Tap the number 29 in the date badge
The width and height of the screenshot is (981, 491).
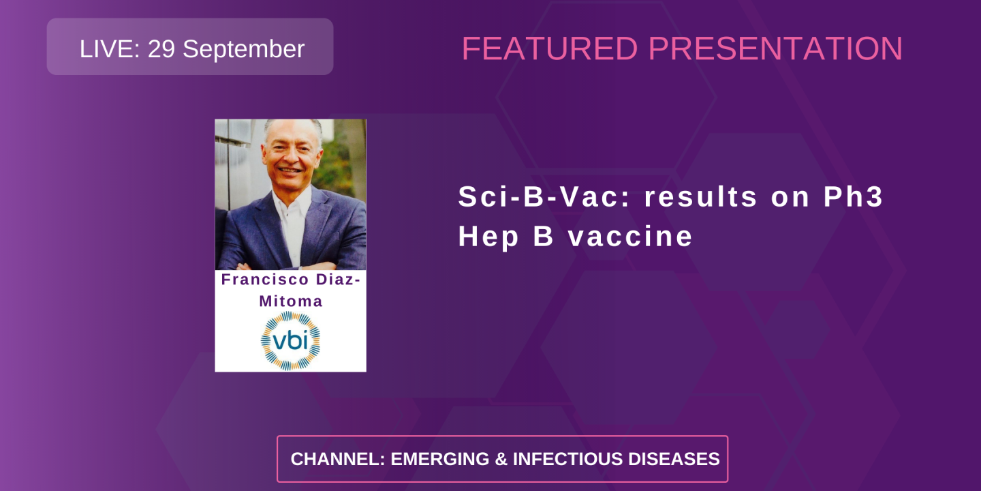(161, 48)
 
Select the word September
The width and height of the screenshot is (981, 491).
(243, 48)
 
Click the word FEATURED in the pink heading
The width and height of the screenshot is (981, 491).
(550, 48)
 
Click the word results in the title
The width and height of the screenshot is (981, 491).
(702, 197)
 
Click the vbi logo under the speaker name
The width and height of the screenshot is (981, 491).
(290, 340)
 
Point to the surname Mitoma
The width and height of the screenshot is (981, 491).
(291, 301)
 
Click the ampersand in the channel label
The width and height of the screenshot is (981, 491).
(503, 459)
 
